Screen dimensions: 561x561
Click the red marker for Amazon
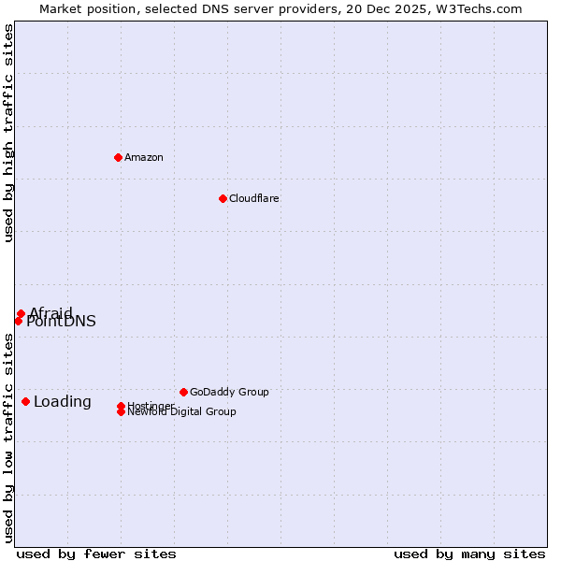(x=118, y=157)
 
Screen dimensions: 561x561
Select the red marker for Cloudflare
(x=223, y=198)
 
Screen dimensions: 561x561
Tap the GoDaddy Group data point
(x=183, y=392)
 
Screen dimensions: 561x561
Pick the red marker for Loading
(x=25, y=401)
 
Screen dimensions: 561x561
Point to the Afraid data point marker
(x=21, y=313)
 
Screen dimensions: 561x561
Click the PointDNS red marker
(x=18, y=321)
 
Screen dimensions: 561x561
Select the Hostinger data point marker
(x=121, y=406)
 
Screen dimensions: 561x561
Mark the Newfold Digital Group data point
(x=121, y=412)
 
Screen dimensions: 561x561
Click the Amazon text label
(x=144, y=157)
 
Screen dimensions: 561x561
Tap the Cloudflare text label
(x=254, y=198)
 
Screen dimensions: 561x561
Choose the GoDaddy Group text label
(x=229, y=392)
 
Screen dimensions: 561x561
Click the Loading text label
(x=63, y=402)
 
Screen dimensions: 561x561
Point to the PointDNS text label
(x=62, y=323)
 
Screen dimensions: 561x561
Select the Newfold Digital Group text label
(x=182, y=412)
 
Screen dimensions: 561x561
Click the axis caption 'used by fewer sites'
(x=96, y=554)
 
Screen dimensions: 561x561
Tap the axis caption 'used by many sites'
(x=469, y=554)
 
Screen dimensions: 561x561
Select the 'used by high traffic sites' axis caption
(x=9, y=133)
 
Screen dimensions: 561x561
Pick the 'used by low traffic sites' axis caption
(x=9, y=438)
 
